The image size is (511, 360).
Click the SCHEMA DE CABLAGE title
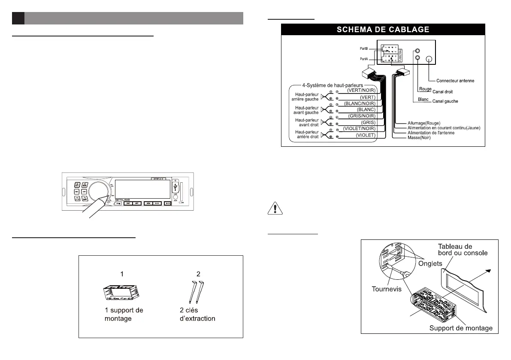point(383,29)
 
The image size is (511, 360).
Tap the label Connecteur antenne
point(455,81)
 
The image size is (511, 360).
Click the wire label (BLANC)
point(366,110)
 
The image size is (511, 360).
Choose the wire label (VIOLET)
point(366,136)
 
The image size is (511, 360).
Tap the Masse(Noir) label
point(420,138)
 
